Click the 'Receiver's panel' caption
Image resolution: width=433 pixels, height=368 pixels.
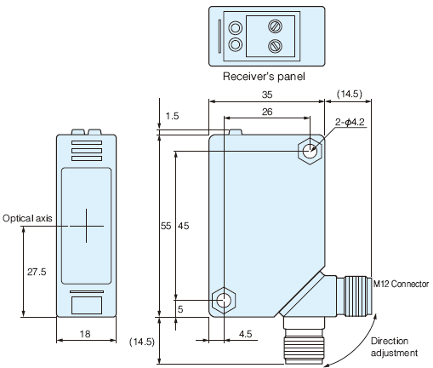point(264,77)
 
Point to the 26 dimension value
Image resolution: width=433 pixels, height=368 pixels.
point(266,112)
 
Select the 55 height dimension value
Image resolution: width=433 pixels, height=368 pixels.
point(167,226)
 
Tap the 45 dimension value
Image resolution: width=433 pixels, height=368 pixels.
point(183,226)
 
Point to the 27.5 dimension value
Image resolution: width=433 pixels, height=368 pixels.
point(35,272)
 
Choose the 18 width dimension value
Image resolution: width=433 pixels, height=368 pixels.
point(85,336)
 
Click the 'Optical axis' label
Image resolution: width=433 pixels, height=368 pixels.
point(27,218)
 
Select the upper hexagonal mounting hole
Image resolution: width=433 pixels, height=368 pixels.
point(310,152)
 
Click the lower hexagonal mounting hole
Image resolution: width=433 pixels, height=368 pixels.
point(224,300)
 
